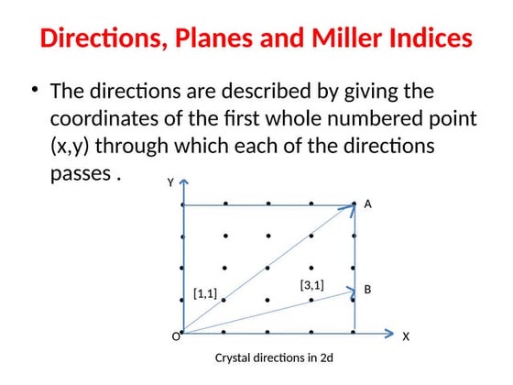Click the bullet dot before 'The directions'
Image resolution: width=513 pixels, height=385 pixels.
point(35,90)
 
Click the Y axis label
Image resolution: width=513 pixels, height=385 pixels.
point(169,183)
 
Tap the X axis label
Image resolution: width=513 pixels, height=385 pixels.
point(406,337)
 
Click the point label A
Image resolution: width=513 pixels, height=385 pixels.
point(367,205)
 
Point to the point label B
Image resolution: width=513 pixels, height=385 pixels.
point(367,290)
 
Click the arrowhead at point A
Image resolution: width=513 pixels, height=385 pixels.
point(351,207)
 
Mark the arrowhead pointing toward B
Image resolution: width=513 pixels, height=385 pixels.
point(350,291)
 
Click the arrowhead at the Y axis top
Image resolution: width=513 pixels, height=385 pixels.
point(182,183)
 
